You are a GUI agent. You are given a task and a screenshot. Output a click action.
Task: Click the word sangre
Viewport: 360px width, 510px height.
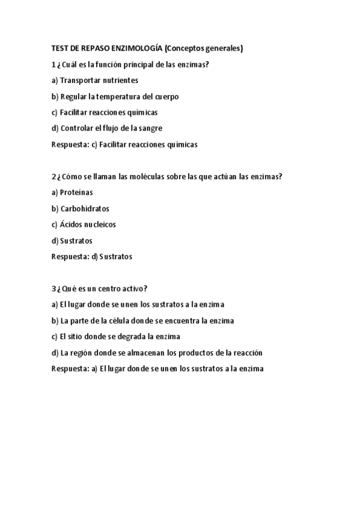coord(149,128)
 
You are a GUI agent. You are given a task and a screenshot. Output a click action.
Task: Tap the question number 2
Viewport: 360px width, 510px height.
coord(53,176)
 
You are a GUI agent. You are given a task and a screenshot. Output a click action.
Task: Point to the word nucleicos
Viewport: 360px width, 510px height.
coord(98,224)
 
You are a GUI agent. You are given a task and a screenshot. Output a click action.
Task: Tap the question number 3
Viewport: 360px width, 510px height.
coord(53,289)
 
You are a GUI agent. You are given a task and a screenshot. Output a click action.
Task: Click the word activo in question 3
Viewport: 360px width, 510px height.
coord(133,289)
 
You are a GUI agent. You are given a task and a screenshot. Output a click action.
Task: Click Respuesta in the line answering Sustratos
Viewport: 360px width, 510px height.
coord(70,257)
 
